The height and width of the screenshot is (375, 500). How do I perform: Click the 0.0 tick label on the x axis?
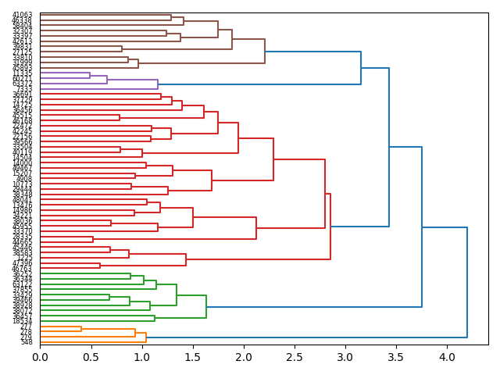[40, 357]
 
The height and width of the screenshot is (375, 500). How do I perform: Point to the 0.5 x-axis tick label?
[91, 357]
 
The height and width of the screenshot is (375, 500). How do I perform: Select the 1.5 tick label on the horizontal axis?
[192, 357]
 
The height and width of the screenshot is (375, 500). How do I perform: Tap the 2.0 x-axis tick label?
[244, 357]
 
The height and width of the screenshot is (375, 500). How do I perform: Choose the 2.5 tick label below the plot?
[295, 357]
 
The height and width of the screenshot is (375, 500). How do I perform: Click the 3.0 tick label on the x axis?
[345, 357]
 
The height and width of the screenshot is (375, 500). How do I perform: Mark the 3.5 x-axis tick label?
[396, 357]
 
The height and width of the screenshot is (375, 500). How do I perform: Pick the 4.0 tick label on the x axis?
[447, 357]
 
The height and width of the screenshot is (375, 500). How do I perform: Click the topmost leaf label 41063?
[22, 15]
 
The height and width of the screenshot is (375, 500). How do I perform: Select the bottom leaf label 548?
[27, 342]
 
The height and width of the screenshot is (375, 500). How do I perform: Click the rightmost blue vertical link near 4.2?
[467, 282]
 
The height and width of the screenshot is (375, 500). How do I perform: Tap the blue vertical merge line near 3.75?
[422, 227]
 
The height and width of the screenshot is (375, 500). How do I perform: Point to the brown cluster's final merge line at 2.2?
[265, 52]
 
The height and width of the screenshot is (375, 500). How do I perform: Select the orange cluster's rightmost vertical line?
[146, 337]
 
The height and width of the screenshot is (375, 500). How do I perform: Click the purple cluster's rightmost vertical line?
[158, 84]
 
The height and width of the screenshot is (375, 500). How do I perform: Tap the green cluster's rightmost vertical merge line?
[206, 306]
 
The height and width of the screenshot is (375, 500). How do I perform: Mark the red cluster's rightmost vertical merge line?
[330, 227]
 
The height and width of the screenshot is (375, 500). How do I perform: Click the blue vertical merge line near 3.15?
[361, 68]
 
